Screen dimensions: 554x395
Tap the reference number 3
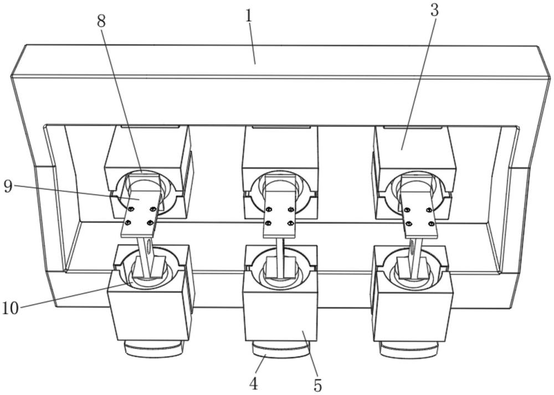(434, 11)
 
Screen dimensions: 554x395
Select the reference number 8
(101, 22)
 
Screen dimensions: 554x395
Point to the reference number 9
(8, 186)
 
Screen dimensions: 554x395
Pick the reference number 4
(253, 384)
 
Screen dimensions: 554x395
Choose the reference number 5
(317, 385)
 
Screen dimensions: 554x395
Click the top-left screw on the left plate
(131, 209)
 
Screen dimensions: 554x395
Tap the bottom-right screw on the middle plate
(291, 223)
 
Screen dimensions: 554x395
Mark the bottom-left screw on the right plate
(409, 224)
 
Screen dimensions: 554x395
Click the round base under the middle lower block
(281, 350)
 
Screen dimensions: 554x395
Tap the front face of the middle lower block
(279, 311)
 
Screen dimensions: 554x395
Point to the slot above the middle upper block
(281, 126)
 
